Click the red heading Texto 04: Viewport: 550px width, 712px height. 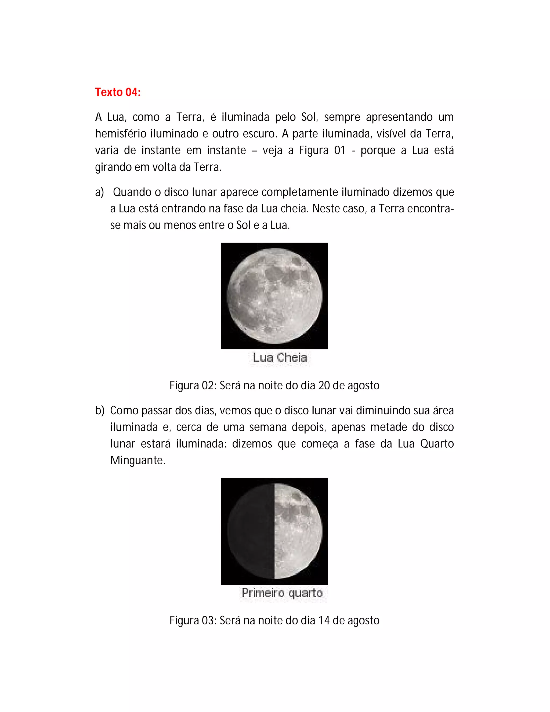118,92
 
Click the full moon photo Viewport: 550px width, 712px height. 274,296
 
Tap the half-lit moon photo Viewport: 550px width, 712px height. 274,531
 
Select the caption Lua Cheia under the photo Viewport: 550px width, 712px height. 280,358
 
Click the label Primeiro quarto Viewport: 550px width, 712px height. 282,593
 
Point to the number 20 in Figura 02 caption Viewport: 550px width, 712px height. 324,386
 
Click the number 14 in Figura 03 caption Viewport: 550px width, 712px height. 324,620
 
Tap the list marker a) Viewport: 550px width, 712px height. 99,192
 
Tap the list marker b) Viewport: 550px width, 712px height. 100,411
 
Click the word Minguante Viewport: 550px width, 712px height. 137,460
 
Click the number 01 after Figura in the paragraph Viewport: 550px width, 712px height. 339,150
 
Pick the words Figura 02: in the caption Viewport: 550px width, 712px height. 193,386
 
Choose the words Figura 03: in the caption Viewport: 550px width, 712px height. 193,620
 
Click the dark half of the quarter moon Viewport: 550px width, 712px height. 251,531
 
